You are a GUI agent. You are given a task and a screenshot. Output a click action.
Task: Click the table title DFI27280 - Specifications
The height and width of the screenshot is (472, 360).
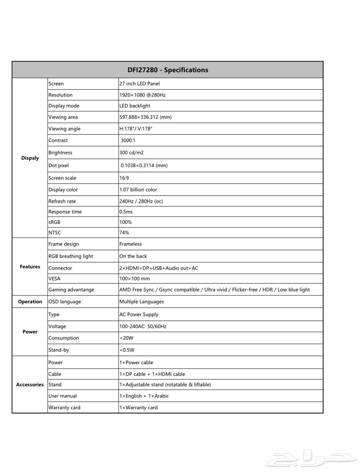coord(168,70)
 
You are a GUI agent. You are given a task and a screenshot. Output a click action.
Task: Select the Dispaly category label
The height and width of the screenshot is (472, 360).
coord(30,158)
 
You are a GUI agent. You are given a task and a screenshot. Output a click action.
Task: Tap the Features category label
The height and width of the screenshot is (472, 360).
coord(30,267)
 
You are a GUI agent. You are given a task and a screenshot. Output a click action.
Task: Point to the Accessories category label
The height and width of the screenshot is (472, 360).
coord(30,385)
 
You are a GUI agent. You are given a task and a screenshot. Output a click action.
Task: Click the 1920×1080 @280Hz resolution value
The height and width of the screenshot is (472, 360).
coord(142,95)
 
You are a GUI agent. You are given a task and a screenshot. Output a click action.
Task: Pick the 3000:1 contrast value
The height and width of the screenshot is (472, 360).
coord(128,140)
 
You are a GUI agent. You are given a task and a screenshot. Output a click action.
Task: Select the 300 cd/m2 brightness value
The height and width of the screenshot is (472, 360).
coord(131,153)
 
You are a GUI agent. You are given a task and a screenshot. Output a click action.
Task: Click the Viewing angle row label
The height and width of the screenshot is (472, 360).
coord(64,129)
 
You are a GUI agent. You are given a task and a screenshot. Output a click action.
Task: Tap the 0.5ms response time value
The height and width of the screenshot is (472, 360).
coord(126,212)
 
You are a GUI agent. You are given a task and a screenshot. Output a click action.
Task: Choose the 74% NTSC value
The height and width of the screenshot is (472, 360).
coord(124,232)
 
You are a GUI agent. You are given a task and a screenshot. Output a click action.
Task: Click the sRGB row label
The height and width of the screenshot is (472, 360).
coord(54,222)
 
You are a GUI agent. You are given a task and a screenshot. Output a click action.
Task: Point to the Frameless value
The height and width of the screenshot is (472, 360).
coord(130,244)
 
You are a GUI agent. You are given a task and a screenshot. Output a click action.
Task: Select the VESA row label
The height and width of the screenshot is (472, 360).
coord(54,279)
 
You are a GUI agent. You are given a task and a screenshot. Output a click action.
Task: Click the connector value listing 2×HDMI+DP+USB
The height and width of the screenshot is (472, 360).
coord(158,268)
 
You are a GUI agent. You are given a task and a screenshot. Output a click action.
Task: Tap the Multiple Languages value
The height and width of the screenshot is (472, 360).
coord(142,302)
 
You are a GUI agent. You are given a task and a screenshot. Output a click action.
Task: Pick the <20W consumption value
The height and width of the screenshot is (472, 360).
coord(126,338)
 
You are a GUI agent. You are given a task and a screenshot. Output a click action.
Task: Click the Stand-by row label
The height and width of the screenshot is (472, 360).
coord(59,350)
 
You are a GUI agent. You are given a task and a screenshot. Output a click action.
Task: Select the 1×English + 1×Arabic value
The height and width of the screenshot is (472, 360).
coord(144,396)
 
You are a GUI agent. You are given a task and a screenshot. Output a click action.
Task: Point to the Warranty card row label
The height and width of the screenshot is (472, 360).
coord(64,408)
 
